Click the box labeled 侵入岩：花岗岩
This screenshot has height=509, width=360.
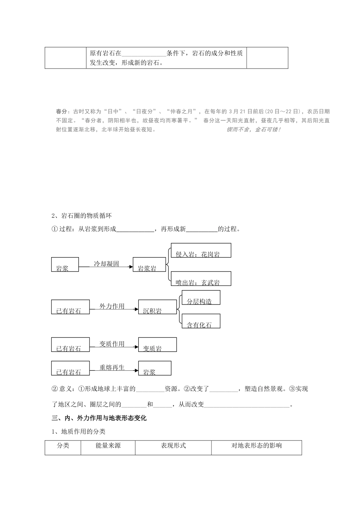point(201,251)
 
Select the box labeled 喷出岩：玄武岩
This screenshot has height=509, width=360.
point(201,279)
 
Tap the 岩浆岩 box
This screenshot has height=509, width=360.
point(149,265)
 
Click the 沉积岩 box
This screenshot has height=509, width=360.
point(157,307)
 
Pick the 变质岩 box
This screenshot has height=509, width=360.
point(157,345)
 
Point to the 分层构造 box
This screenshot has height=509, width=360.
point(201,298)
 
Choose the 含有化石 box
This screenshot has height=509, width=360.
point(201,321)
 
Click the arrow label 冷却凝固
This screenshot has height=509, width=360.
point(106,264)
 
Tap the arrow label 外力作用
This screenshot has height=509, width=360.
point(112,306)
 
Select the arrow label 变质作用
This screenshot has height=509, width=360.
point(112,344)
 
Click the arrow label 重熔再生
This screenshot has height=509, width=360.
point(112,367)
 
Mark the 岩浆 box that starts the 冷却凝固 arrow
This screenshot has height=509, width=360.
point(65,265)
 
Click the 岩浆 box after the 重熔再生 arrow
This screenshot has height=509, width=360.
point(155,368)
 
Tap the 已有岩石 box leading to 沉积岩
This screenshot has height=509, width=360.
point(70,307)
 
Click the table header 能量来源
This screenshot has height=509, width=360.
point(108,446)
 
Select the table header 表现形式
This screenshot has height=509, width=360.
point(173,446)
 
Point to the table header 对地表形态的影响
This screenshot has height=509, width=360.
point(257,446)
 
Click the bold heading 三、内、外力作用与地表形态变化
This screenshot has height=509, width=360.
point(99,418)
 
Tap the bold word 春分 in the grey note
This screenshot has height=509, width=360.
point(61,112)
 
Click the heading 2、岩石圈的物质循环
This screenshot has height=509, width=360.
point(81,216)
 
